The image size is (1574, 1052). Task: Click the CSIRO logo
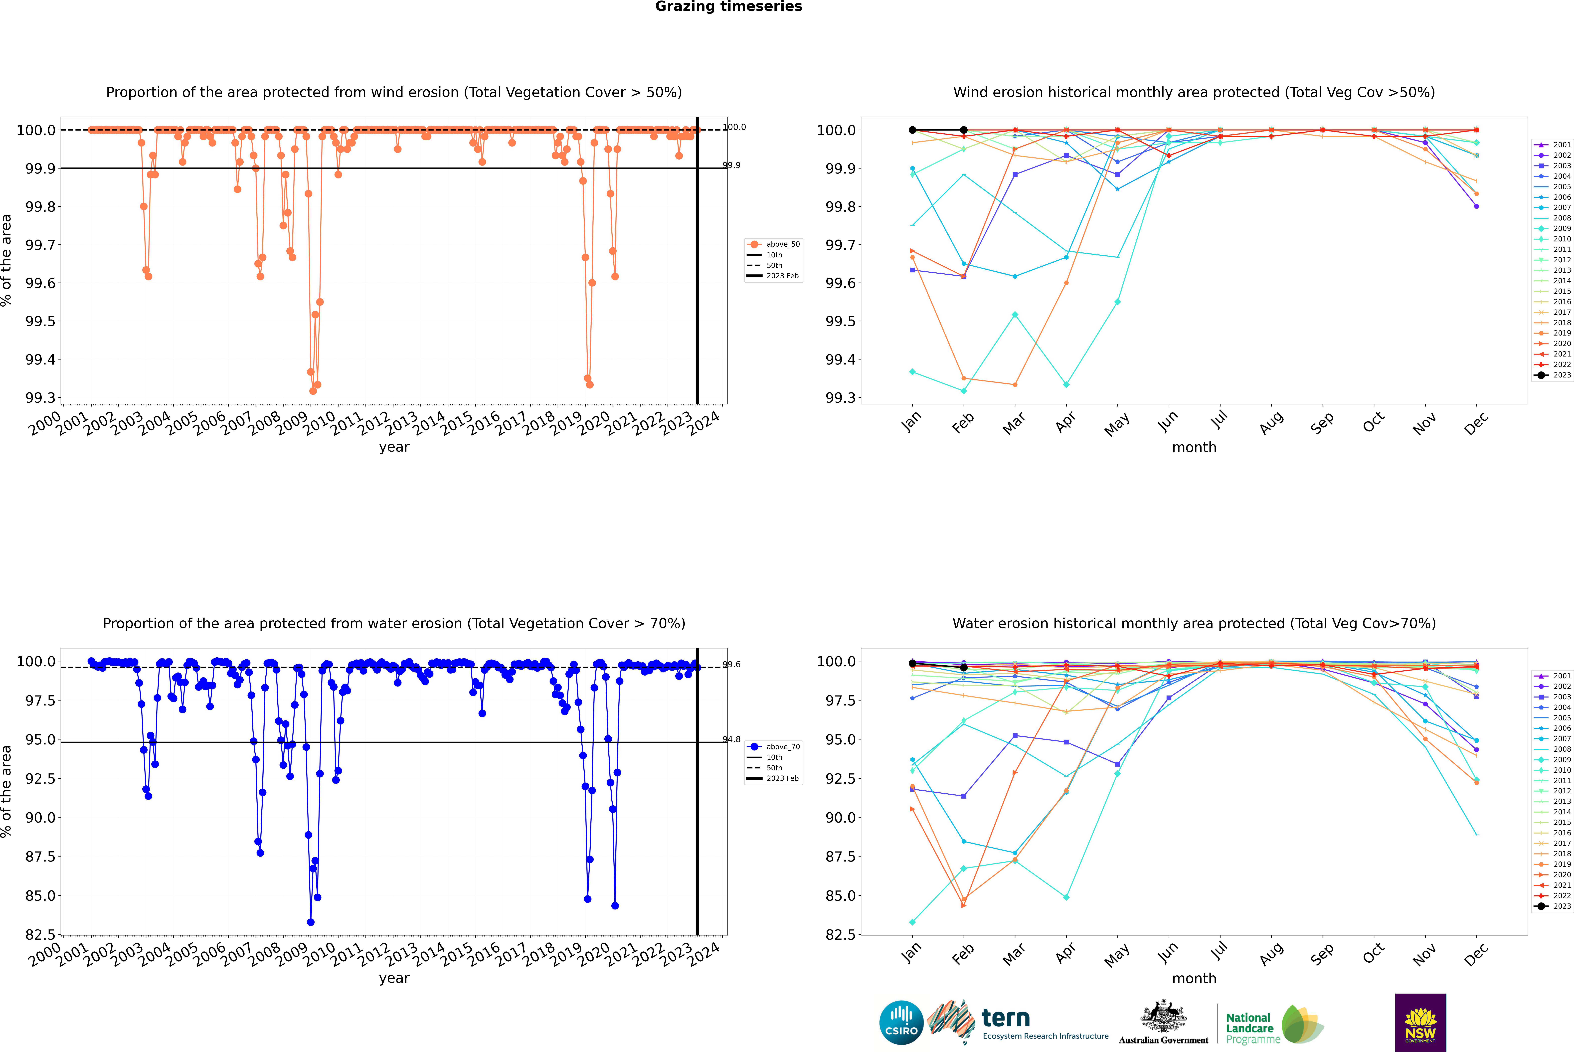pos(901,1023)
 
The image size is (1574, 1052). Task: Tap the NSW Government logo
pos(1420,1023)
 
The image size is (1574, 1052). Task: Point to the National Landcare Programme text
pos(1249,1028)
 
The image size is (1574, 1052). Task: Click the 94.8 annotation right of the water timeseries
pos(731,739)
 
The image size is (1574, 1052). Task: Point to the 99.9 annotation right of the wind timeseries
pos(731,165)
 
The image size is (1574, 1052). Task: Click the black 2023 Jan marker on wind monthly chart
pos(912,130)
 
